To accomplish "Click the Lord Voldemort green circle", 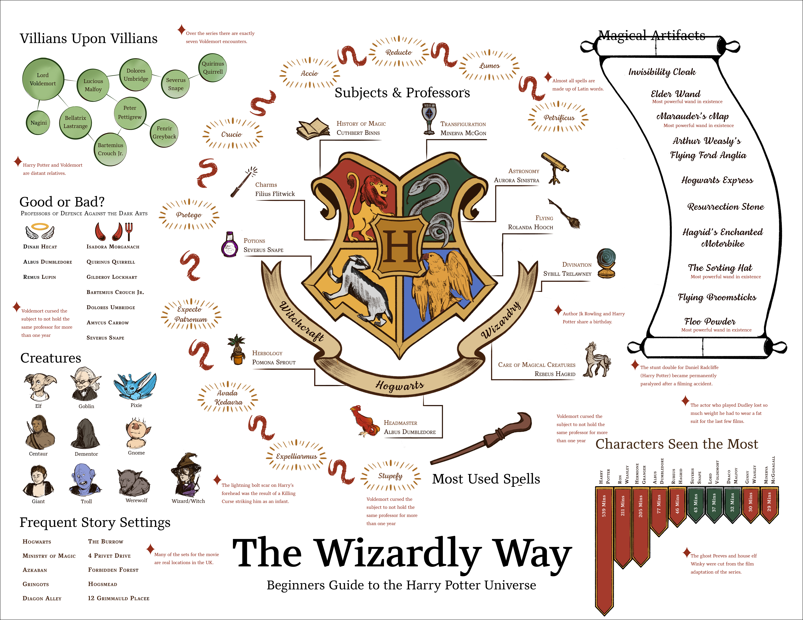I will coord(43,79).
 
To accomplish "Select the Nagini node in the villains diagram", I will coord(39,123).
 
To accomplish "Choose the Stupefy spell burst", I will coord(390,476).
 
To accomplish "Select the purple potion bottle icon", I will coord(229,244).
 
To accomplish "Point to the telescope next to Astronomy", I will coord(555,167).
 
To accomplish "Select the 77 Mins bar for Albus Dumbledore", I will coord(659,509).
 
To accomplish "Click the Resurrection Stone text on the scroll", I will coord(725,206).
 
